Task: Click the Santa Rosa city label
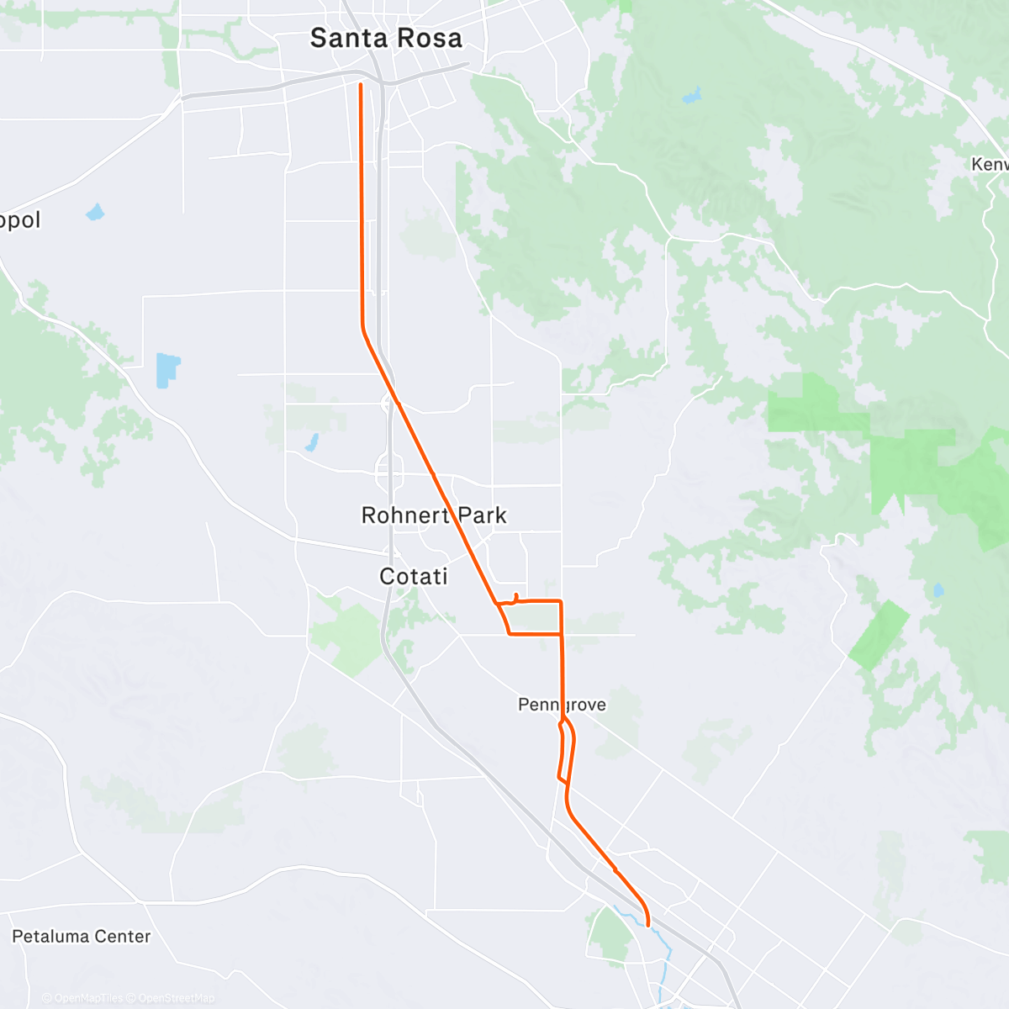tap(386, 38)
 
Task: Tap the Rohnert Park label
tap(434, 515)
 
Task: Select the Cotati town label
tap(413, 576)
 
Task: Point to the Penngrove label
tap(562, 705)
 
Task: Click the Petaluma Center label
tap(82, 936)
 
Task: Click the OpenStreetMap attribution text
tap(176, 998)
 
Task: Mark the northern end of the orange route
tap(361, 85)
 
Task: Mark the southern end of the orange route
tap(648, 925)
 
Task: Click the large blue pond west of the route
tap(167, 370)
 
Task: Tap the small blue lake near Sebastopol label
tap(95, 211)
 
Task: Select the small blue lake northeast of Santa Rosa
tap(691, 96)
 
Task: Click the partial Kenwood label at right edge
tap(989, 164)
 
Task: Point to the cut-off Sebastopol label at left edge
tap(18, 220)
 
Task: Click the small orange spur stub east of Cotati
tap(515, 598)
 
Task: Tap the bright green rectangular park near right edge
tap(880, 635)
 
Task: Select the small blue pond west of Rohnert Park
tap(311, 441)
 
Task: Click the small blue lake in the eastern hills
tap(938, 590)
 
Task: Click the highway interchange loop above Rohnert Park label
tap(389, 471)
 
